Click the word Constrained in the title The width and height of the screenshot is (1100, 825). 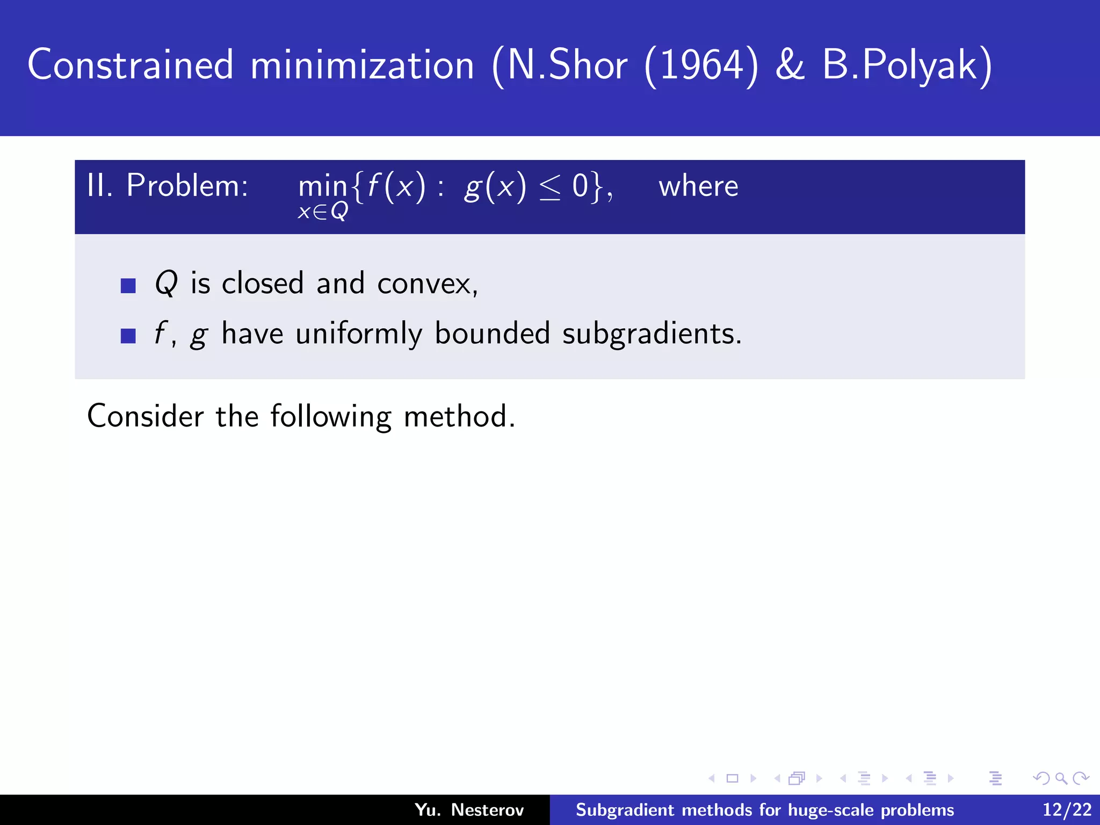[x=131, y=66]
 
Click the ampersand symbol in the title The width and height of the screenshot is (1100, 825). [x=790, y=66]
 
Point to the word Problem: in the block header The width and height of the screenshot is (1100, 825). [x=187, y=186]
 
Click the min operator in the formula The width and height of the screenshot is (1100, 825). [x=323, y=187]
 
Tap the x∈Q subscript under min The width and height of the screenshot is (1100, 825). [x=323, y=212]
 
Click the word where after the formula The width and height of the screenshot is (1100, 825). [x=698, y=186]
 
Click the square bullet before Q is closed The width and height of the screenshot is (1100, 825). [x=128, y=285]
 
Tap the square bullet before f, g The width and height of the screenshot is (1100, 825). [x=128, y=336]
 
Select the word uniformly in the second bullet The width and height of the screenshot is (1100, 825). [x=359, y=334]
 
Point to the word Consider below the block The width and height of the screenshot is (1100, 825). [x=146, y=416]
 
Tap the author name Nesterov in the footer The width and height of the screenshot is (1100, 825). [x=487, y=810]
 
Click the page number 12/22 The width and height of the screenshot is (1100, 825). [x=1067, y=810]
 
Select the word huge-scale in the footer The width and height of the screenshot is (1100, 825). [x=831, y=810]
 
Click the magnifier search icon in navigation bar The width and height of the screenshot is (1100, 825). [x=1061, y=778]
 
